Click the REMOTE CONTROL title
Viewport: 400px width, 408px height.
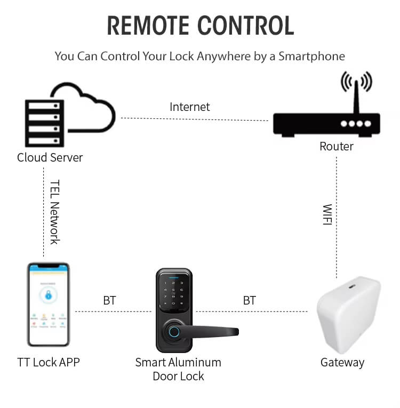[x=200, y=26]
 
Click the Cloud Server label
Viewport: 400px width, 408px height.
[x=50, y=157]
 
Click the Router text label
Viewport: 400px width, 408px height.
[x=337, y=146]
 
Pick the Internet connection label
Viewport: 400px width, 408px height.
[x=190, y=107]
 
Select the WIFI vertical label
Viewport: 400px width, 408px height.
[x=327, y=214]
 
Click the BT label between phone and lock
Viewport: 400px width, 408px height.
[x=109, y=301]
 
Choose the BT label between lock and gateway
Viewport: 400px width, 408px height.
[x=249, y=301]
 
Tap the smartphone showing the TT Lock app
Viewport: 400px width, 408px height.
[x=49, y=303]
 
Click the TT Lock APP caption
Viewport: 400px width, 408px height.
[x=49, y=363]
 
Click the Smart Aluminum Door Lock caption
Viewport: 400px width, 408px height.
[x=178, y=369]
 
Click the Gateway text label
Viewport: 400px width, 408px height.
[x=342, y=363]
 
